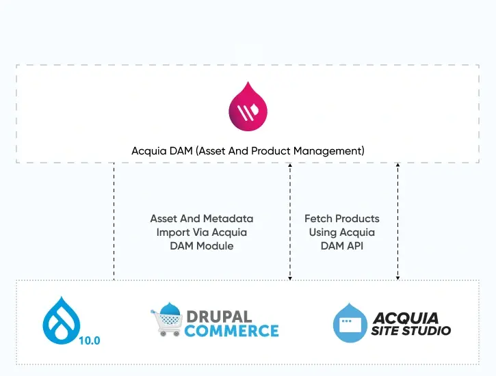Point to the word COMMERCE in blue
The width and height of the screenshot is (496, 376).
(x=232, y=331)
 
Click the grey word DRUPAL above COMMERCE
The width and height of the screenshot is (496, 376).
(x=218, y=317)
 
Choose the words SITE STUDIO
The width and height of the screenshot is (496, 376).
(x=412, y=332)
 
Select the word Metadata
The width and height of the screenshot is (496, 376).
(x=228, y=219)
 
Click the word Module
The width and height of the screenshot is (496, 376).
(x=216, y=245)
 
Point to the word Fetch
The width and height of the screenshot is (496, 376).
(x=318, y=219)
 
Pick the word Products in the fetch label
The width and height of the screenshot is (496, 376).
(x=356, y=219)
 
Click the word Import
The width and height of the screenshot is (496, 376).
(x=172, y=232)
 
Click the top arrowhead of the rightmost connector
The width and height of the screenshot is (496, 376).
(x=398, y=165)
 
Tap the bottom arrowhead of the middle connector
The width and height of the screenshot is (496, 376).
(x=290, y=278)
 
